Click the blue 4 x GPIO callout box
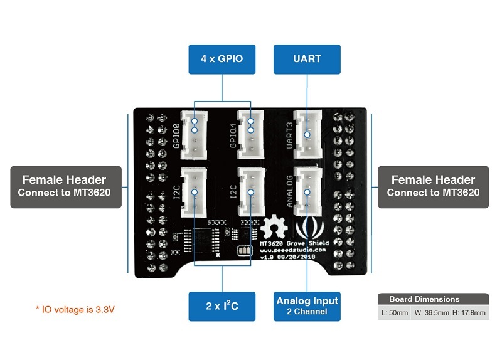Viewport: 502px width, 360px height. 222,59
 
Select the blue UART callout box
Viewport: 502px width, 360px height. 307,59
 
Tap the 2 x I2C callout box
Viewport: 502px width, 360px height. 222,306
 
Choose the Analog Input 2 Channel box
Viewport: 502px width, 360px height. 307,306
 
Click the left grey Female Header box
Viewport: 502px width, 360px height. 64,186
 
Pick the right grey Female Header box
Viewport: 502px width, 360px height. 432,186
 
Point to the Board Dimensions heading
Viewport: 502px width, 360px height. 424,299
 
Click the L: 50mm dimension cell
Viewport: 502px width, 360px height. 394,313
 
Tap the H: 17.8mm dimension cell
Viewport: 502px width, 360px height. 470,313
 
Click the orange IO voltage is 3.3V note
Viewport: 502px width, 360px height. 75,309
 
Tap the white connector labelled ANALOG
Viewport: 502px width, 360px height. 307,192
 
